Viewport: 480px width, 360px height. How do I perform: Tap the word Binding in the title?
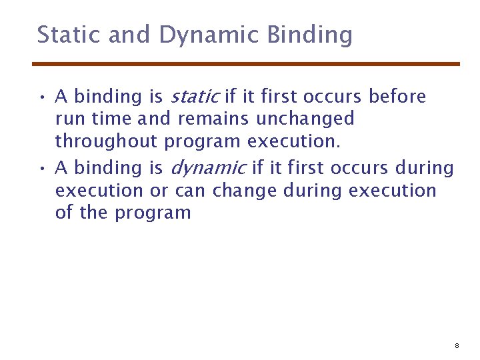point(309,35)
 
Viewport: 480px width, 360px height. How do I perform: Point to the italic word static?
point(195,97)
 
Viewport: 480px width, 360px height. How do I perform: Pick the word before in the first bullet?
point(397,97)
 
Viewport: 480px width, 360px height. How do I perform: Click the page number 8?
point(457,346)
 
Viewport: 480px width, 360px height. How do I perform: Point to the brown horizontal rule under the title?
point(246,64)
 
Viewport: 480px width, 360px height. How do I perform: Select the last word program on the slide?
point(153,213)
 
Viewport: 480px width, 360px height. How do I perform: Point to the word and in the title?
point(129,35)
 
